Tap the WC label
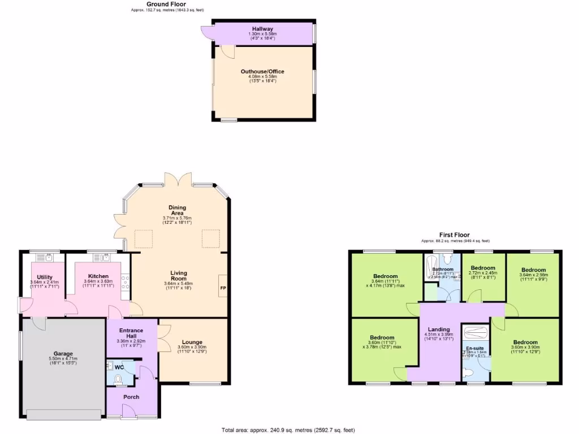point(119,367)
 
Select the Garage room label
point(63,354)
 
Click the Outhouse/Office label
point(262,72)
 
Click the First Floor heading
point(454,235)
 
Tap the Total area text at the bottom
point(289,430)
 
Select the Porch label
point(131,397)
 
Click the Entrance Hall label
point(131,333)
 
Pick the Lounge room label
point(193,342)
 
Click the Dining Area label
point(177,210)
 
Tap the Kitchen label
point(98,276)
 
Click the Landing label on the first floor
point(439,329)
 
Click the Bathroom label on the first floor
point(442,269)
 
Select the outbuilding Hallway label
point(262,29)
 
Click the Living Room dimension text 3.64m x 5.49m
point(178,283)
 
